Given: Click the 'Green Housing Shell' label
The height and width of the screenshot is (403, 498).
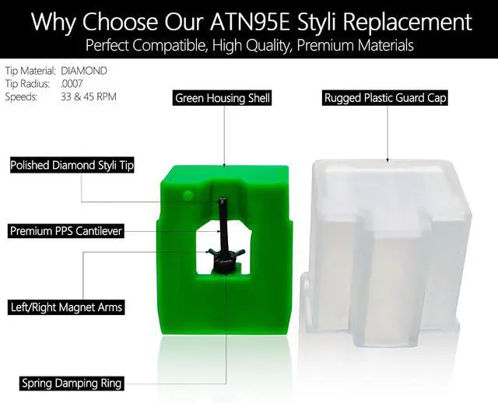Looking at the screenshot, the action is tap(223, 98).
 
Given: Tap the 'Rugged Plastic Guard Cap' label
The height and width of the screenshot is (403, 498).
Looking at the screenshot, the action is tap(385, 98).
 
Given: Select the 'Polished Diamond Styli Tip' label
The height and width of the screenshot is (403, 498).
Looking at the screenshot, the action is tap(72, 165).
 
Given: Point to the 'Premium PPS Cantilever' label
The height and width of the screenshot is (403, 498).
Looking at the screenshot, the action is tap(66, 231).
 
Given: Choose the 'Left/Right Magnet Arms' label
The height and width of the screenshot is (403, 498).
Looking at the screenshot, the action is tap(66, 307).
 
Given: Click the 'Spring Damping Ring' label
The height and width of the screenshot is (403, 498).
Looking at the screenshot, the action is tap(72, 384).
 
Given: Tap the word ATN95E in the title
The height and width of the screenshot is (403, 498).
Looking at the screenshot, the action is tap(250, 22).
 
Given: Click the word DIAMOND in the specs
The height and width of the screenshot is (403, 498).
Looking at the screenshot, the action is tap(84, 71).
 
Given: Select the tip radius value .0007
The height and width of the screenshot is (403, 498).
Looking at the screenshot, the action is tap(72, 84).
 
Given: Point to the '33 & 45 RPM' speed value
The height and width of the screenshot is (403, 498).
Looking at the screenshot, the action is tap(89, 96).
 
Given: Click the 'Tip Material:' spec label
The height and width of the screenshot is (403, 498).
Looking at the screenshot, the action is tap(30, 71).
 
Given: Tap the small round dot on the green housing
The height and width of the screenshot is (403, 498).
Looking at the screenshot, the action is tap(188, 194).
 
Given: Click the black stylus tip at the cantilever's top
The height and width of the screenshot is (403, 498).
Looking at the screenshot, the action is tap(223, 201).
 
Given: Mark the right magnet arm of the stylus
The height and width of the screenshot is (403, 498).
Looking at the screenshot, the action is tap(239, 253).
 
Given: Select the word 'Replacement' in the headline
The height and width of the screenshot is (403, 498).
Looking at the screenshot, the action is tap(407, 22).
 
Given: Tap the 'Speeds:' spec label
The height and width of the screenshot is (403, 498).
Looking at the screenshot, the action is tap(21, 96).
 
